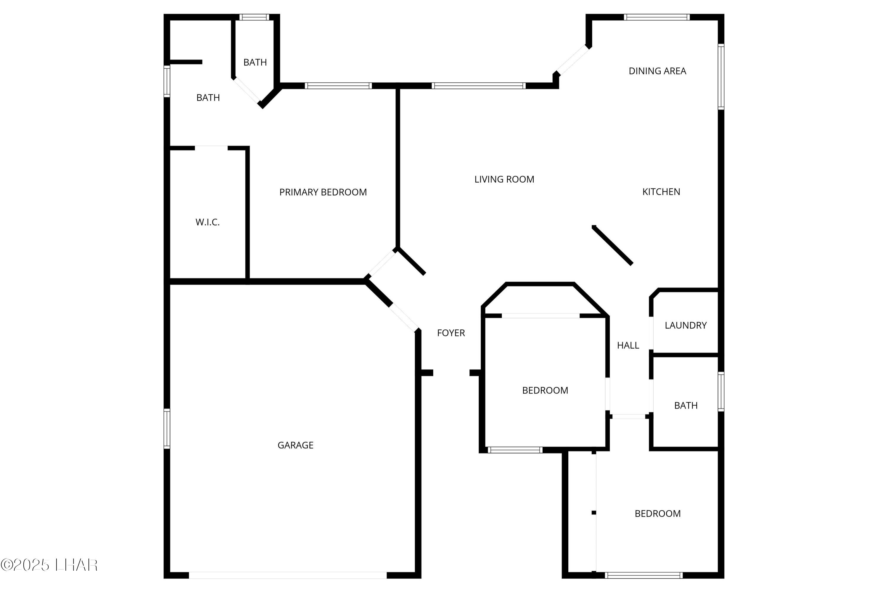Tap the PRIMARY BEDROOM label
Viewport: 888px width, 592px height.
(x=323, y=192)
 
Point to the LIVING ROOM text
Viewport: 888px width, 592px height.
(x=504, y=179)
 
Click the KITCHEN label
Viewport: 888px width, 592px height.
(x=661, y=192)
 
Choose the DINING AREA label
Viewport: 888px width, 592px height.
(x=657, y=71)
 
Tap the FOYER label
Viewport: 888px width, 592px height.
(x=451, y=333)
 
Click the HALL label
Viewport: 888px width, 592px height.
(x=628, y=345)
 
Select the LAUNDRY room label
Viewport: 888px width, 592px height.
(x=686, y=325)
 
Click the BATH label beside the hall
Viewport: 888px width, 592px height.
(x=686, y=406)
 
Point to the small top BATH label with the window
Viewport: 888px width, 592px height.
(x=255, y=62)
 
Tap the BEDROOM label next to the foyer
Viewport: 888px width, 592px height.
(x=545, y=390)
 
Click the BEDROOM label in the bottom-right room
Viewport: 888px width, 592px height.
(x=657, y=514)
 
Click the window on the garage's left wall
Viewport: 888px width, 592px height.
(x=166, y=429)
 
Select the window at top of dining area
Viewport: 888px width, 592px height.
(x=657, y=17)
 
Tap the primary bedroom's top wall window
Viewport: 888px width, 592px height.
(x=338, y=86)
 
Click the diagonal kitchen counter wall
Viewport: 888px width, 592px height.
(x=612, y=245)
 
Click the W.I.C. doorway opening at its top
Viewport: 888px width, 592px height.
(x=211, y=148)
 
